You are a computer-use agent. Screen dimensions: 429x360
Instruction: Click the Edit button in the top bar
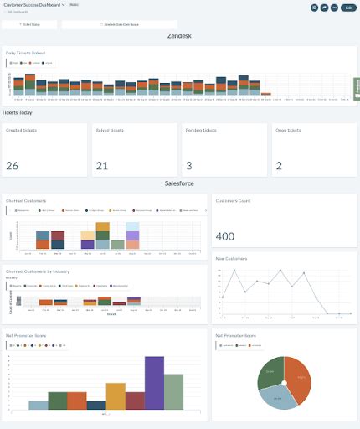pos(347,7)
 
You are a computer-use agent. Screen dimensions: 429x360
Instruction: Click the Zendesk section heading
pos(180,37)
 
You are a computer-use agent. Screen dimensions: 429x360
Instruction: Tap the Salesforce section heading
pos(180,182)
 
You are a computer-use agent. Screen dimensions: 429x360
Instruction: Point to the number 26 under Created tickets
pos(12,166)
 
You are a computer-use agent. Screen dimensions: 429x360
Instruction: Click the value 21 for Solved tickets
pos(102,166)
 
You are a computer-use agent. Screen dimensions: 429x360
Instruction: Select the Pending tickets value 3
pos(189,166)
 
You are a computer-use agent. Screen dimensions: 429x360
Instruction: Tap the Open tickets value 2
pos(279,166)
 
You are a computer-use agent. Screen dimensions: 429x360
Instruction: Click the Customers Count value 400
pos(225,237)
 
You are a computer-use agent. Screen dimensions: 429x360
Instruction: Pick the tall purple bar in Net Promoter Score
pos(153,383)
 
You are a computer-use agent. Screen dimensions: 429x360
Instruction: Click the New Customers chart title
pos(232,259)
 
